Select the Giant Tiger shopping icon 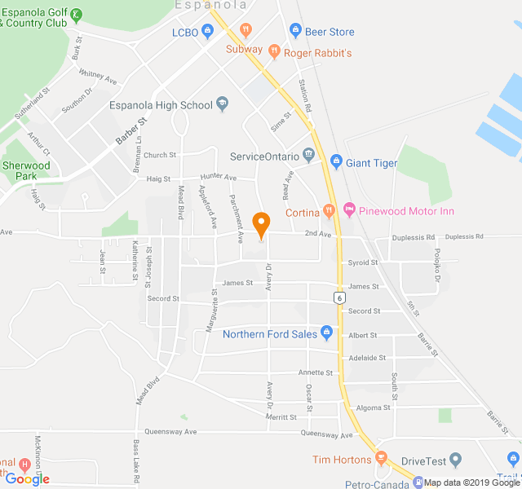pos(335,163)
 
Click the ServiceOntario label pos(264,156)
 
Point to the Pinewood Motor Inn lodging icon pos(350,210)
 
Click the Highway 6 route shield pos(338,297)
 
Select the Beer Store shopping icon pos(295,32)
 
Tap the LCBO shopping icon pos(208,32)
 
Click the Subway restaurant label pos(244,49)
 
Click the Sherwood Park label pos(26,170)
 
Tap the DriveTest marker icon pos(455,460)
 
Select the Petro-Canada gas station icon pos(418,482)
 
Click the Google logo pos(26,479)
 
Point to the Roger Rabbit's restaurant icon pos(274,53)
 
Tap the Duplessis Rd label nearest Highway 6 pos(413,237)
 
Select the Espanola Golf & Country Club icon pos(76,14)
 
